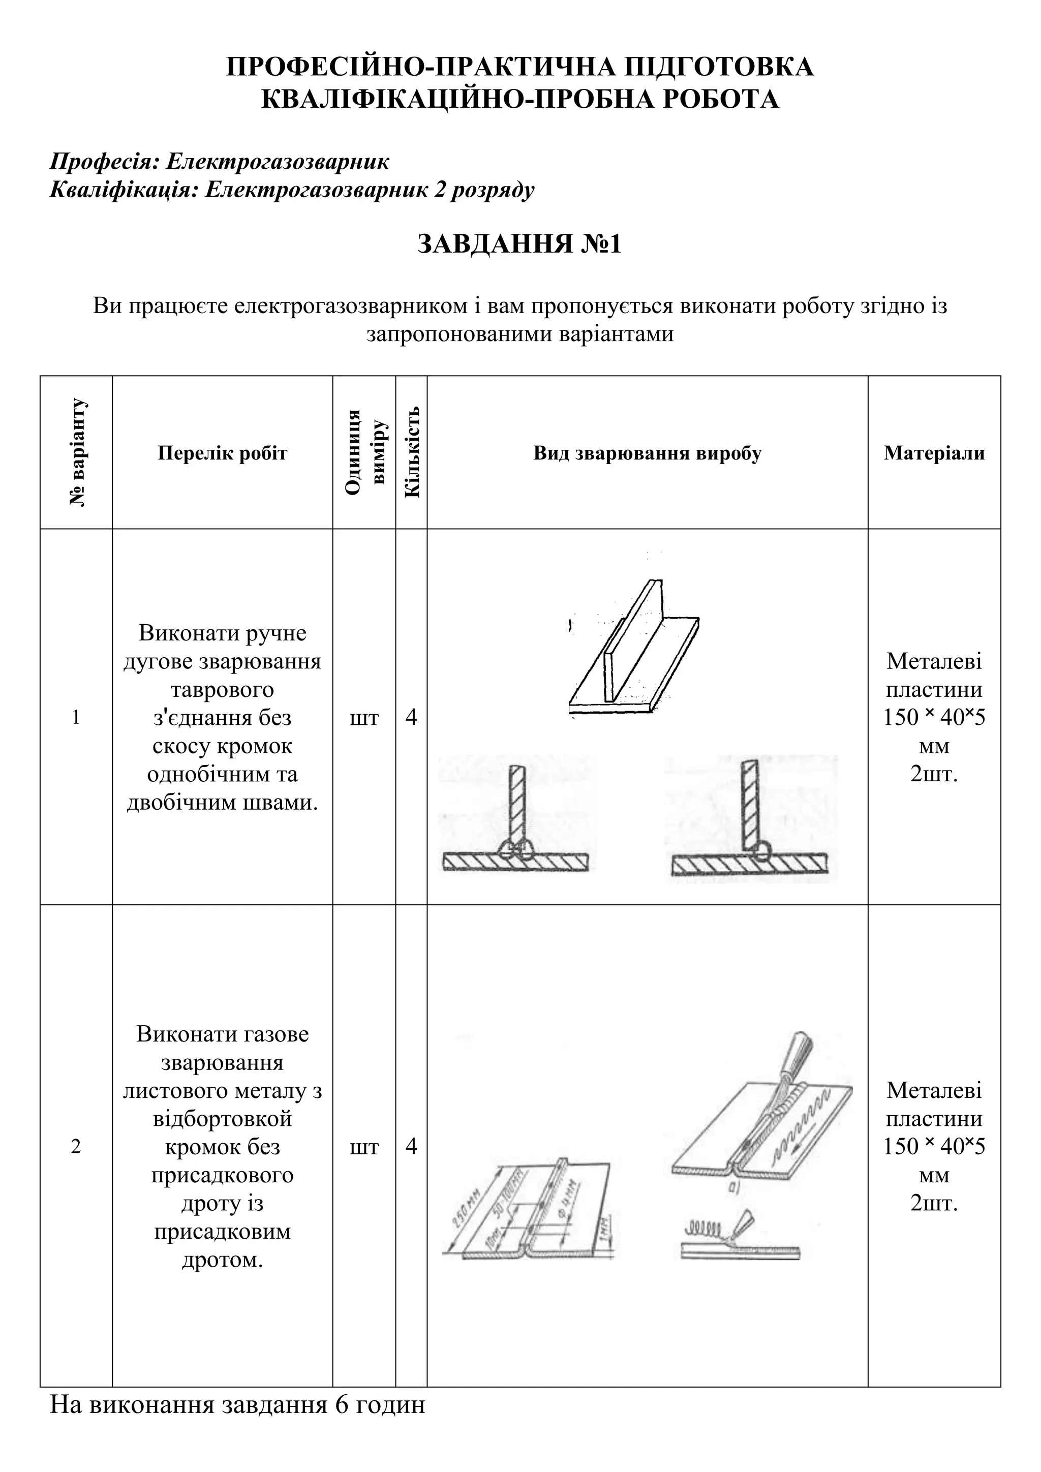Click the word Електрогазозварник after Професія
[277, 162]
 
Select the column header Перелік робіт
[223, 453]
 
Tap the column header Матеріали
[934, 453]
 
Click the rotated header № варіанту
[77, 452]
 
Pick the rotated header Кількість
[412, 451]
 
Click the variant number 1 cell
[76, 717]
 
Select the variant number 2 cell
[76, 1146]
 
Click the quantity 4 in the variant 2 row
[412, 1146]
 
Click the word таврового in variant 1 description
[223, 690]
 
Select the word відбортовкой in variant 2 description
[223, 1119]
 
